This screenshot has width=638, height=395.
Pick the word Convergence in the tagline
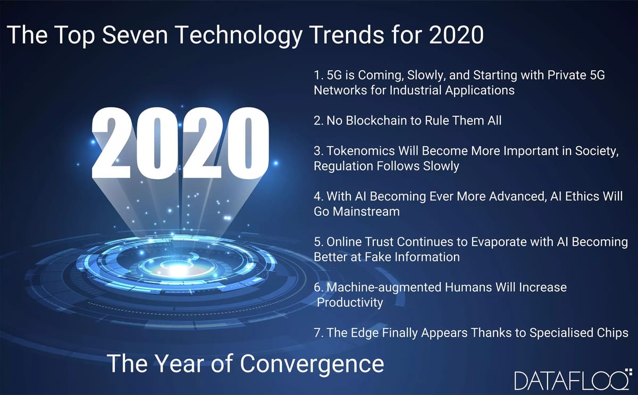(312, 364)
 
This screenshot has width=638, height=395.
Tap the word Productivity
(350, 302)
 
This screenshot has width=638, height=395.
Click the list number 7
(317, 333)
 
